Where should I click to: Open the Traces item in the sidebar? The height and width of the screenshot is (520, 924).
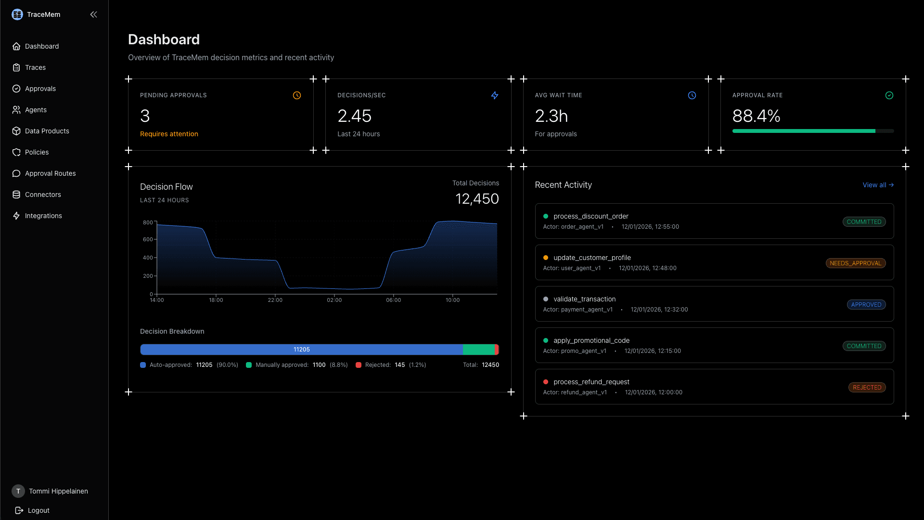click(x=35, y=67)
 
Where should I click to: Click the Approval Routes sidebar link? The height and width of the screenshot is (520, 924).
click(x=50, y=173)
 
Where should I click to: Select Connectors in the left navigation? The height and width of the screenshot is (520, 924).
click(x=43, y=195)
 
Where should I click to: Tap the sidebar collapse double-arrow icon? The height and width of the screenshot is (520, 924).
click(x=93, y=14)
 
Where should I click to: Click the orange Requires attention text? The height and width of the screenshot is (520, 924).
click(x=169, y=134)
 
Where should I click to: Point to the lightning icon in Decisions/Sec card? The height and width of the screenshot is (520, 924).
click(x=494, y=95)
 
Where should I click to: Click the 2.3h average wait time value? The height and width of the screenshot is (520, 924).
click(x=551, y=116)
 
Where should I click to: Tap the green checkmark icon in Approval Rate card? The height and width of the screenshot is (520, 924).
click(x=889, y=95)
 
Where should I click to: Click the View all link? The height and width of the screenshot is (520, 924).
click(x=878, y=185)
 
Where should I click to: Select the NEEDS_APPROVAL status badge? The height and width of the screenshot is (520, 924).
click(x=855, y=263)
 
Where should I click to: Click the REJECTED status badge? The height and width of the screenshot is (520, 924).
click(x=867, y=388)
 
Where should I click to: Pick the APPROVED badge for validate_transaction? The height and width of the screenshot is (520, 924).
click(x=866, y=305)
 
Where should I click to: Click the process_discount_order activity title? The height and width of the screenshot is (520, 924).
click(x=590, y=216)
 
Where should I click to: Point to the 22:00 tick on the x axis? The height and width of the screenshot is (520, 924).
click(x=275, y=300)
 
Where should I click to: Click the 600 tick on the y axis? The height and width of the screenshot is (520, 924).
click(x=148, y=239)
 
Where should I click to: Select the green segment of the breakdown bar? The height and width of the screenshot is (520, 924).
click(x=478, y=350)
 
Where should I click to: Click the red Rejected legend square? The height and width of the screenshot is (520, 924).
click(x=359, y=365)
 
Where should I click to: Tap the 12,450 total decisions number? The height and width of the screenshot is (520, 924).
click(x=477, y=199)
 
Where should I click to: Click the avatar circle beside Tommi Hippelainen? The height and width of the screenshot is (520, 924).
click(x=18, y=491)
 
